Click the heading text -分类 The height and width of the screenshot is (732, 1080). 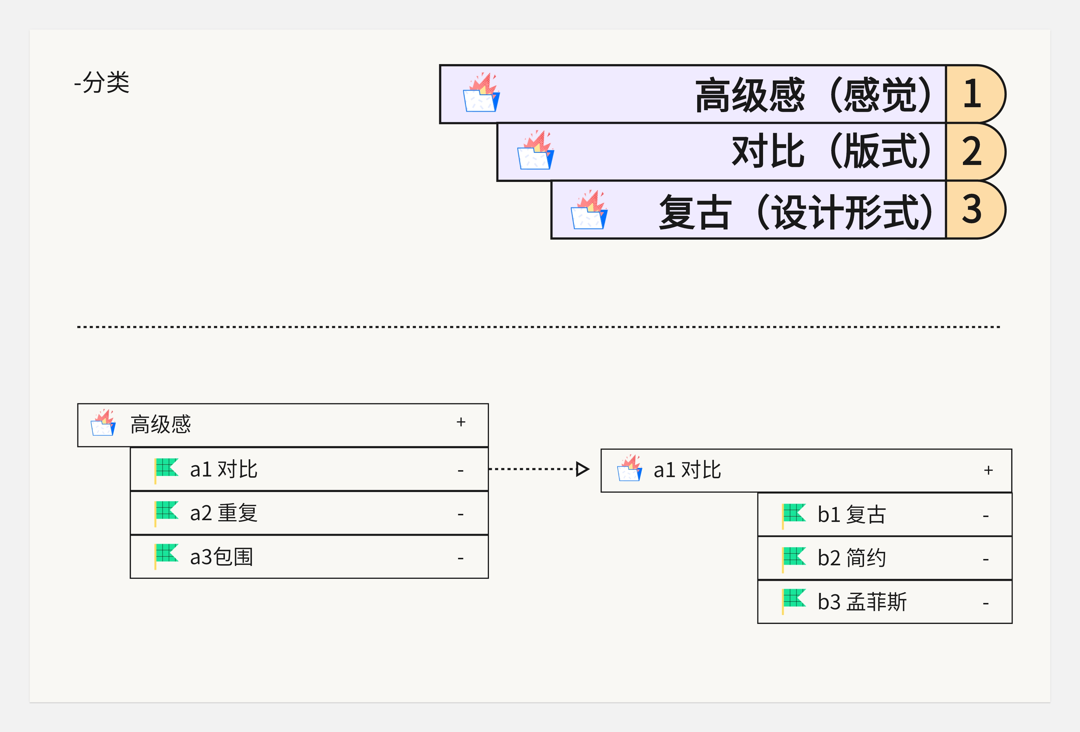102,83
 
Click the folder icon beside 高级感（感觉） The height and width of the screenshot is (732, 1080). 481,93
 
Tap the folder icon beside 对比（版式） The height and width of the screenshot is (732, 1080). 535,151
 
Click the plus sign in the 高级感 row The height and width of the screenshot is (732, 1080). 460,422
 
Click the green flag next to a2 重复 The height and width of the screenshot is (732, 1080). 166,512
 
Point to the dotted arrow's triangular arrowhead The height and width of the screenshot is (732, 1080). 582,469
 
